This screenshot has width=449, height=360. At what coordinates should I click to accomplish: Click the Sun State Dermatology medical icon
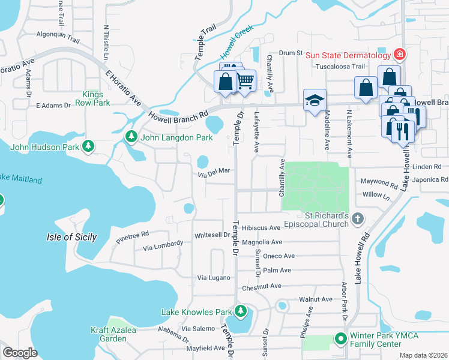[399, 55]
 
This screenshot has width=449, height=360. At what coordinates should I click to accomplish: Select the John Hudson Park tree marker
[88, 145]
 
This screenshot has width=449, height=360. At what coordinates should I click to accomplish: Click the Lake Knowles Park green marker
[240, 311]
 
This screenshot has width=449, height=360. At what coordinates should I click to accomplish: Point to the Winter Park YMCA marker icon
[341, 339]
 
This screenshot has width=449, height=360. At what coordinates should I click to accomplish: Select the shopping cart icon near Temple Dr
[245, 80]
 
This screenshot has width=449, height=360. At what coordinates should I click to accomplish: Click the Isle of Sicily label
[71, 237]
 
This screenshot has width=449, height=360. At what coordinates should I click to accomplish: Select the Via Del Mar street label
[214, 170]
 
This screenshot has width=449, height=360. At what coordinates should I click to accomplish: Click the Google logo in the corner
[20, 352]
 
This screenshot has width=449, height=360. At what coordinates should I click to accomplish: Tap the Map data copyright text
[423, 355]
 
